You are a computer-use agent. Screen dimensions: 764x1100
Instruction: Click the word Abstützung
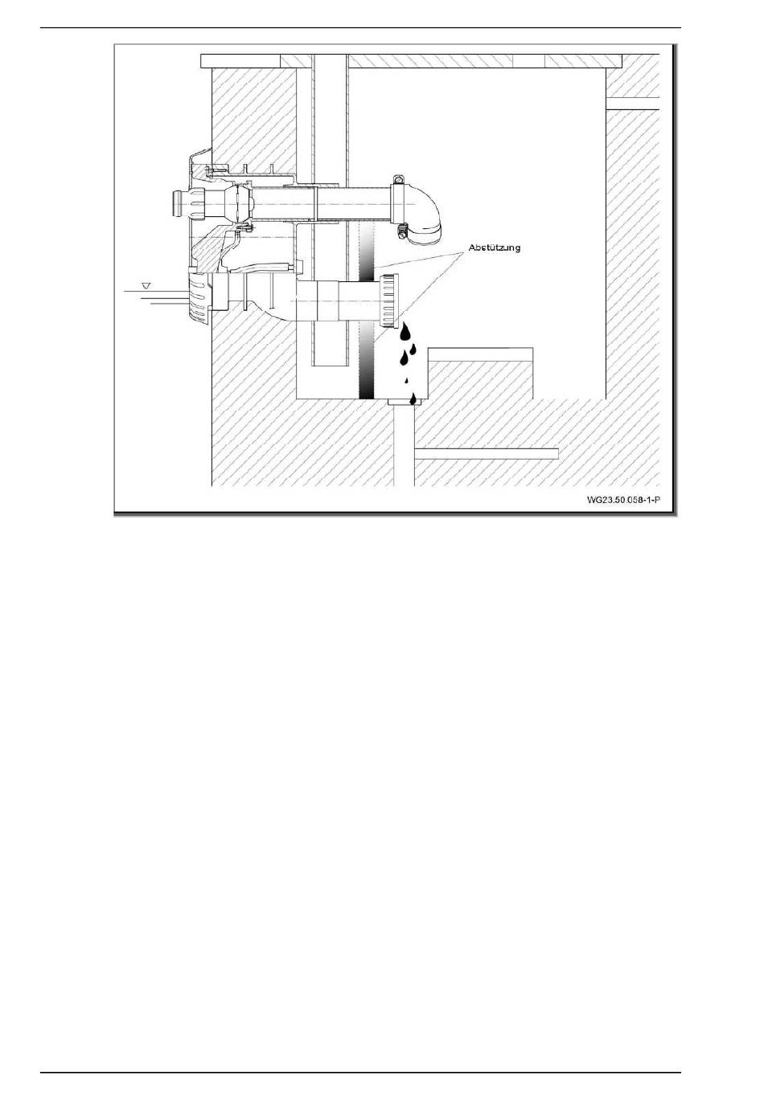[x=495, y=247]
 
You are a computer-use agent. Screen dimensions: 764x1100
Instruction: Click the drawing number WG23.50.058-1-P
[x=623, y=500]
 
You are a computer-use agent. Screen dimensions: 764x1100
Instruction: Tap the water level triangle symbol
[x=146, y=285]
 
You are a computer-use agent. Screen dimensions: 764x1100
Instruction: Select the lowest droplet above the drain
[x=412, y=398]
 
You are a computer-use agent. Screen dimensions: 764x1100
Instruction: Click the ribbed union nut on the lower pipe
[x=388, y=301]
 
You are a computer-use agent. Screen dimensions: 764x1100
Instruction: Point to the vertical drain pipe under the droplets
[x=405, y=450]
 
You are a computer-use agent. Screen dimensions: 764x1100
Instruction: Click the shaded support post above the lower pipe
[x=366, y=253]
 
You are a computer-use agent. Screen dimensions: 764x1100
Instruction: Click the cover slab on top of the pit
[x=410, y=60]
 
